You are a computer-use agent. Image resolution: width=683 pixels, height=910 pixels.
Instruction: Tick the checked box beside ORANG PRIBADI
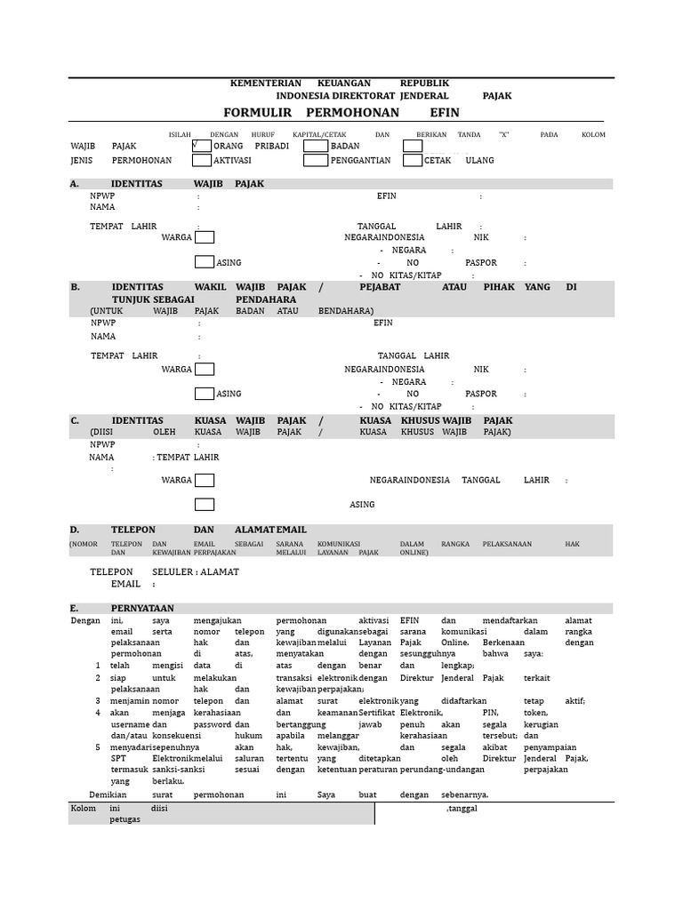[201, 146]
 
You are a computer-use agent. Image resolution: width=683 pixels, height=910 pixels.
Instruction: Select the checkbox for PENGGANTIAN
[316, 161]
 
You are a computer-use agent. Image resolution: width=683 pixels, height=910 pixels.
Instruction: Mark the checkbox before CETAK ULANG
[413, 161]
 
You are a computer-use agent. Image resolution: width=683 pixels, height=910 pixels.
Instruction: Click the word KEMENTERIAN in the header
[266, 83]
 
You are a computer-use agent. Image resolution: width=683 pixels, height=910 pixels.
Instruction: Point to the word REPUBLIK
[424, 83]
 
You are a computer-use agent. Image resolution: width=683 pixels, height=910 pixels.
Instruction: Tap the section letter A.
[75, 184]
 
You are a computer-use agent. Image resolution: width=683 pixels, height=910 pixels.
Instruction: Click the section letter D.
[75, 530]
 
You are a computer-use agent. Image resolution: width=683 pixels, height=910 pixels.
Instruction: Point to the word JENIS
[82, 161]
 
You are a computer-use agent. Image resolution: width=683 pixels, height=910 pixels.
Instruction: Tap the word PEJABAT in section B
[380, 288]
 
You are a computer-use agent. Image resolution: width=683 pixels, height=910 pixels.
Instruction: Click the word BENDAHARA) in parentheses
[346, 311]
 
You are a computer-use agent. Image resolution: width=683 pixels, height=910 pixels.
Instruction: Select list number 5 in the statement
[98, 747]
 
